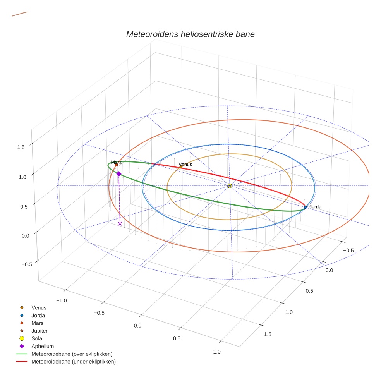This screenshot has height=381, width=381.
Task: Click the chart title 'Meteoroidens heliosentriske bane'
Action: click(x=190, y=34)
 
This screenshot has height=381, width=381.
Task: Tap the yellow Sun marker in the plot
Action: click(x=230, y=186)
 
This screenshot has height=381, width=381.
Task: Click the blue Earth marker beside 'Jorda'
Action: click(x=305, y=207)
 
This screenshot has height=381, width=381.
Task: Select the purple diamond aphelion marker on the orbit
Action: click(x=119, y=174)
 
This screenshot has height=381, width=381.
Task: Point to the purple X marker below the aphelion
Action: click(x=120, y=223)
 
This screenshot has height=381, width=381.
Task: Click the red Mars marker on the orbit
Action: click(x=116, y=165)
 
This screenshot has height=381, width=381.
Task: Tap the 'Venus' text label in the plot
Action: click(x=185, y=165)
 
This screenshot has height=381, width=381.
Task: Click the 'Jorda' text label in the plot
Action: click(x=315, y=207)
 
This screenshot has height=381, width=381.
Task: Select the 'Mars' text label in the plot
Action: click(x=116, y=162)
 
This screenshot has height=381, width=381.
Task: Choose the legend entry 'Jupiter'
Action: click(x=39, y=331)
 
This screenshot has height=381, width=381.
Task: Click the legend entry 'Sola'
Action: click(x=37, y=338)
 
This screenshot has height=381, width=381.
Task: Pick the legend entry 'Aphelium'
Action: click(x=42, y=346)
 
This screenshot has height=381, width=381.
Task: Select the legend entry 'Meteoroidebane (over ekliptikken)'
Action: click(x=72, y=354)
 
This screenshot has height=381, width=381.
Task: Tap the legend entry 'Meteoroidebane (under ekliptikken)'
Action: click(x=73, y=362)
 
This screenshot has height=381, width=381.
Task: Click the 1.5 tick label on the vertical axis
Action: click(x=21, y=147)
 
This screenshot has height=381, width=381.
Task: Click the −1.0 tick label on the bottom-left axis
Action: click(x=62, y=300)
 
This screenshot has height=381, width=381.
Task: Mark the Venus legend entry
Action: click(x=39, y=307)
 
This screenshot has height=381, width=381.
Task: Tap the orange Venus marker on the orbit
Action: click(x=181, y=167)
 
